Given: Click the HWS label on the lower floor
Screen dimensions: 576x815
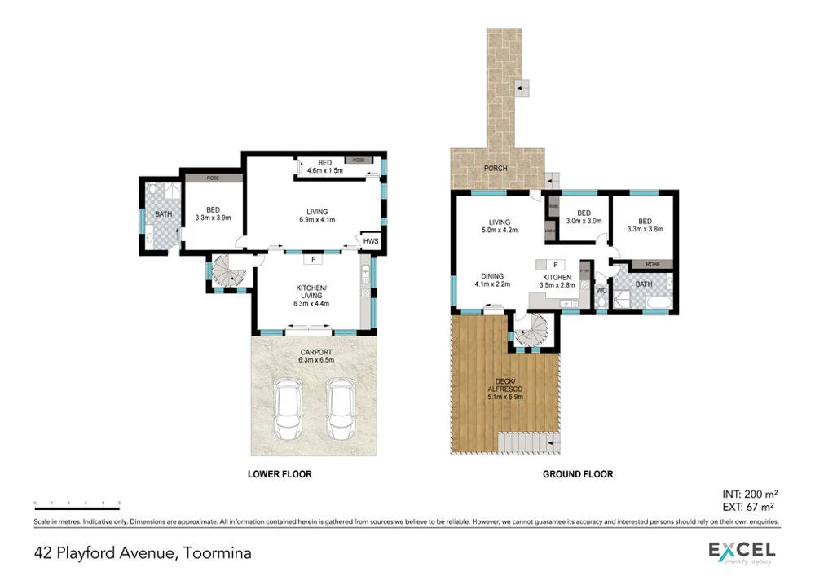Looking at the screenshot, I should (x=370, y=241).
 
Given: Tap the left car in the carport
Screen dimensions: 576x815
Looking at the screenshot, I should (x=289, y=409).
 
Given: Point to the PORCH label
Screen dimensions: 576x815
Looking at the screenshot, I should (x=496, y=169).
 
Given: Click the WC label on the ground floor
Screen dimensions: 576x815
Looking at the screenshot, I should (x=601, y=290).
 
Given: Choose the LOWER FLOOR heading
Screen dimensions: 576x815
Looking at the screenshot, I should (x=280, y=474).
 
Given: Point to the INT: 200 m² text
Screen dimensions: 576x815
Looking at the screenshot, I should (x=751, y=494).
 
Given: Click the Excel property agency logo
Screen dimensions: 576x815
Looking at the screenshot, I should (x=741, y=552).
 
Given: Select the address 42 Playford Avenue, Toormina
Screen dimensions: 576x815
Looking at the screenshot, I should (x=143, y=553).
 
